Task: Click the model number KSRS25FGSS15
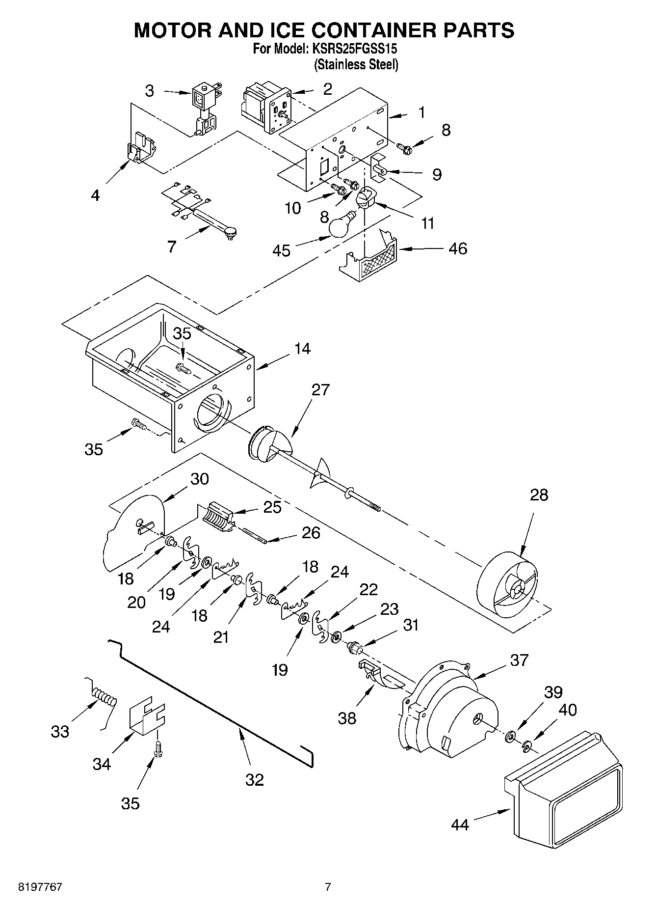pos(351,49)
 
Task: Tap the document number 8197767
pos(40,887)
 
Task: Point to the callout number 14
pos(302,349)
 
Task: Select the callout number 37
pos(519,660)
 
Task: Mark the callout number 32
pos(254,779)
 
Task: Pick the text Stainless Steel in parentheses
pos(356,64)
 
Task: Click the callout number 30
pos(199,479)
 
